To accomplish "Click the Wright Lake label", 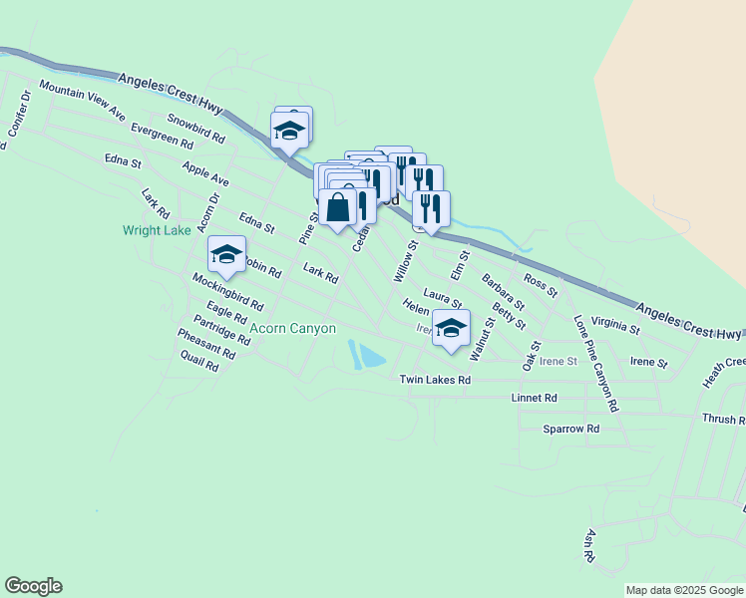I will tap(157, 230).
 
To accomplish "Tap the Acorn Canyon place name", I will tap(292, 328).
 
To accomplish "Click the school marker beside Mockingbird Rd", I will tap(226, 255).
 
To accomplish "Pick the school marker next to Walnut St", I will tap(451, 328).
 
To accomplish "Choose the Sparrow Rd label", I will tap(570, 429).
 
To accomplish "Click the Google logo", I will tap(33, 586).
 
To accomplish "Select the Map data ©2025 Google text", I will tap(684, 591).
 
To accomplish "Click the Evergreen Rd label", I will tap(161, 137).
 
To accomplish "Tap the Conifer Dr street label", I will tap(19, 119).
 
